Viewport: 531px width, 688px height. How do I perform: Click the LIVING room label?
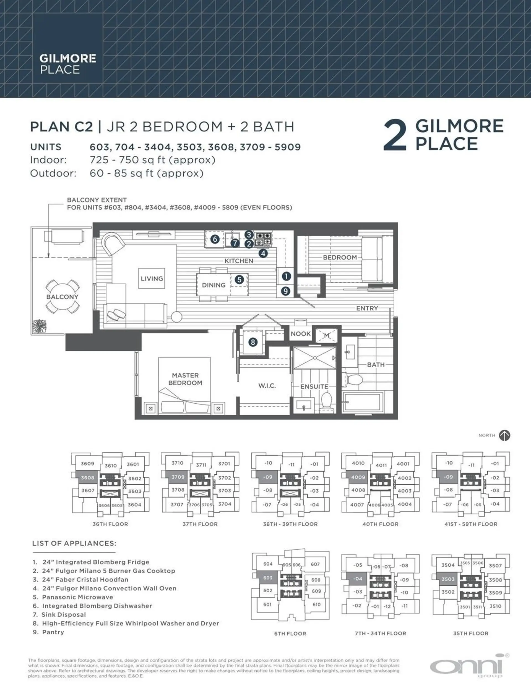point(152,279)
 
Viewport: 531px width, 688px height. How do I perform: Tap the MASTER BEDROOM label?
point(185,379)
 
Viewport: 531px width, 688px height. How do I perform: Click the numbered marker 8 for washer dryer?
point(253,342)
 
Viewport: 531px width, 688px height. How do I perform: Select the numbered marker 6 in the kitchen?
point(215,239)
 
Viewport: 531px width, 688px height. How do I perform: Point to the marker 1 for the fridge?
point(286,276)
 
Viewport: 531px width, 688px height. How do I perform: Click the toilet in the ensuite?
point(326,400)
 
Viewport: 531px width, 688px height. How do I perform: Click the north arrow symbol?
point(504,435)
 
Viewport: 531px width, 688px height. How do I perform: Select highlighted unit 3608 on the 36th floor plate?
point(87,477)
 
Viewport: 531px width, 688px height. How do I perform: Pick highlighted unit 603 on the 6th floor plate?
point(268,578)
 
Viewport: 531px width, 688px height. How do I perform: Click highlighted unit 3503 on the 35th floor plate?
point(448,579)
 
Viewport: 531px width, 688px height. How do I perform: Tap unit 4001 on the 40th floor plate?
point(403,464)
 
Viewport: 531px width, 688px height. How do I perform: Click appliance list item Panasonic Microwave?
point(77,597)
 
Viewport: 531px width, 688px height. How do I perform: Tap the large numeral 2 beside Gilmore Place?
point(395,136)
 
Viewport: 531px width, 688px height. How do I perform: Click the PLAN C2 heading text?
point(61,127)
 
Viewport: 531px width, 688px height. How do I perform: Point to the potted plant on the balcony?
point(39,326)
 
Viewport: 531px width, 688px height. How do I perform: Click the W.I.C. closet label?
point(267,386)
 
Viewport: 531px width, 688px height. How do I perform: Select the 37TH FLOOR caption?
point(200,524)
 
